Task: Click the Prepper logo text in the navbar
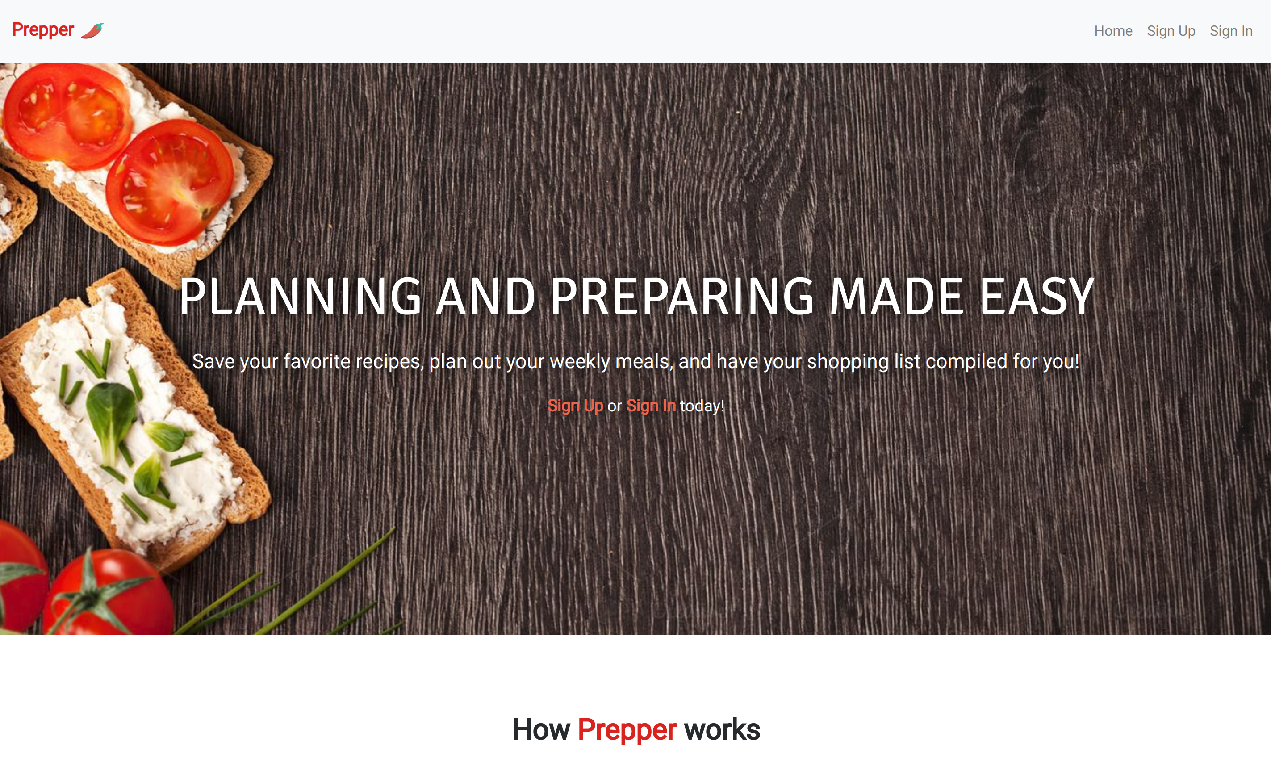(43, 30)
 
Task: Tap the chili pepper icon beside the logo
(92, 30)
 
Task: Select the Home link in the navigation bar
(1113, 31)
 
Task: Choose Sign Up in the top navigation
(1171, 31)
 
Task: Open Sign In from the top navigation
(1231, 31)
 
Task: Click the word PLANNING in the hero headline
(301, 296)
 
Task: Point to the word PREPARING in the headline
(682, 296)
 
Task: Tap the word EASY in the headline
(1037, 296)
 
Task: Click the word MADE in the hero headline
(896, 296)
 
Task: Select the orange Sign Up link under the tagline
(575, 406)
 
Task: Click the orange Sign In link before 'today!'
(651, 406)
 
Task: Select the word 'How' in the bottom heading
(541, 729)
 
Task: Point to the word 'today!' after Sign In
(702, 406)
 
